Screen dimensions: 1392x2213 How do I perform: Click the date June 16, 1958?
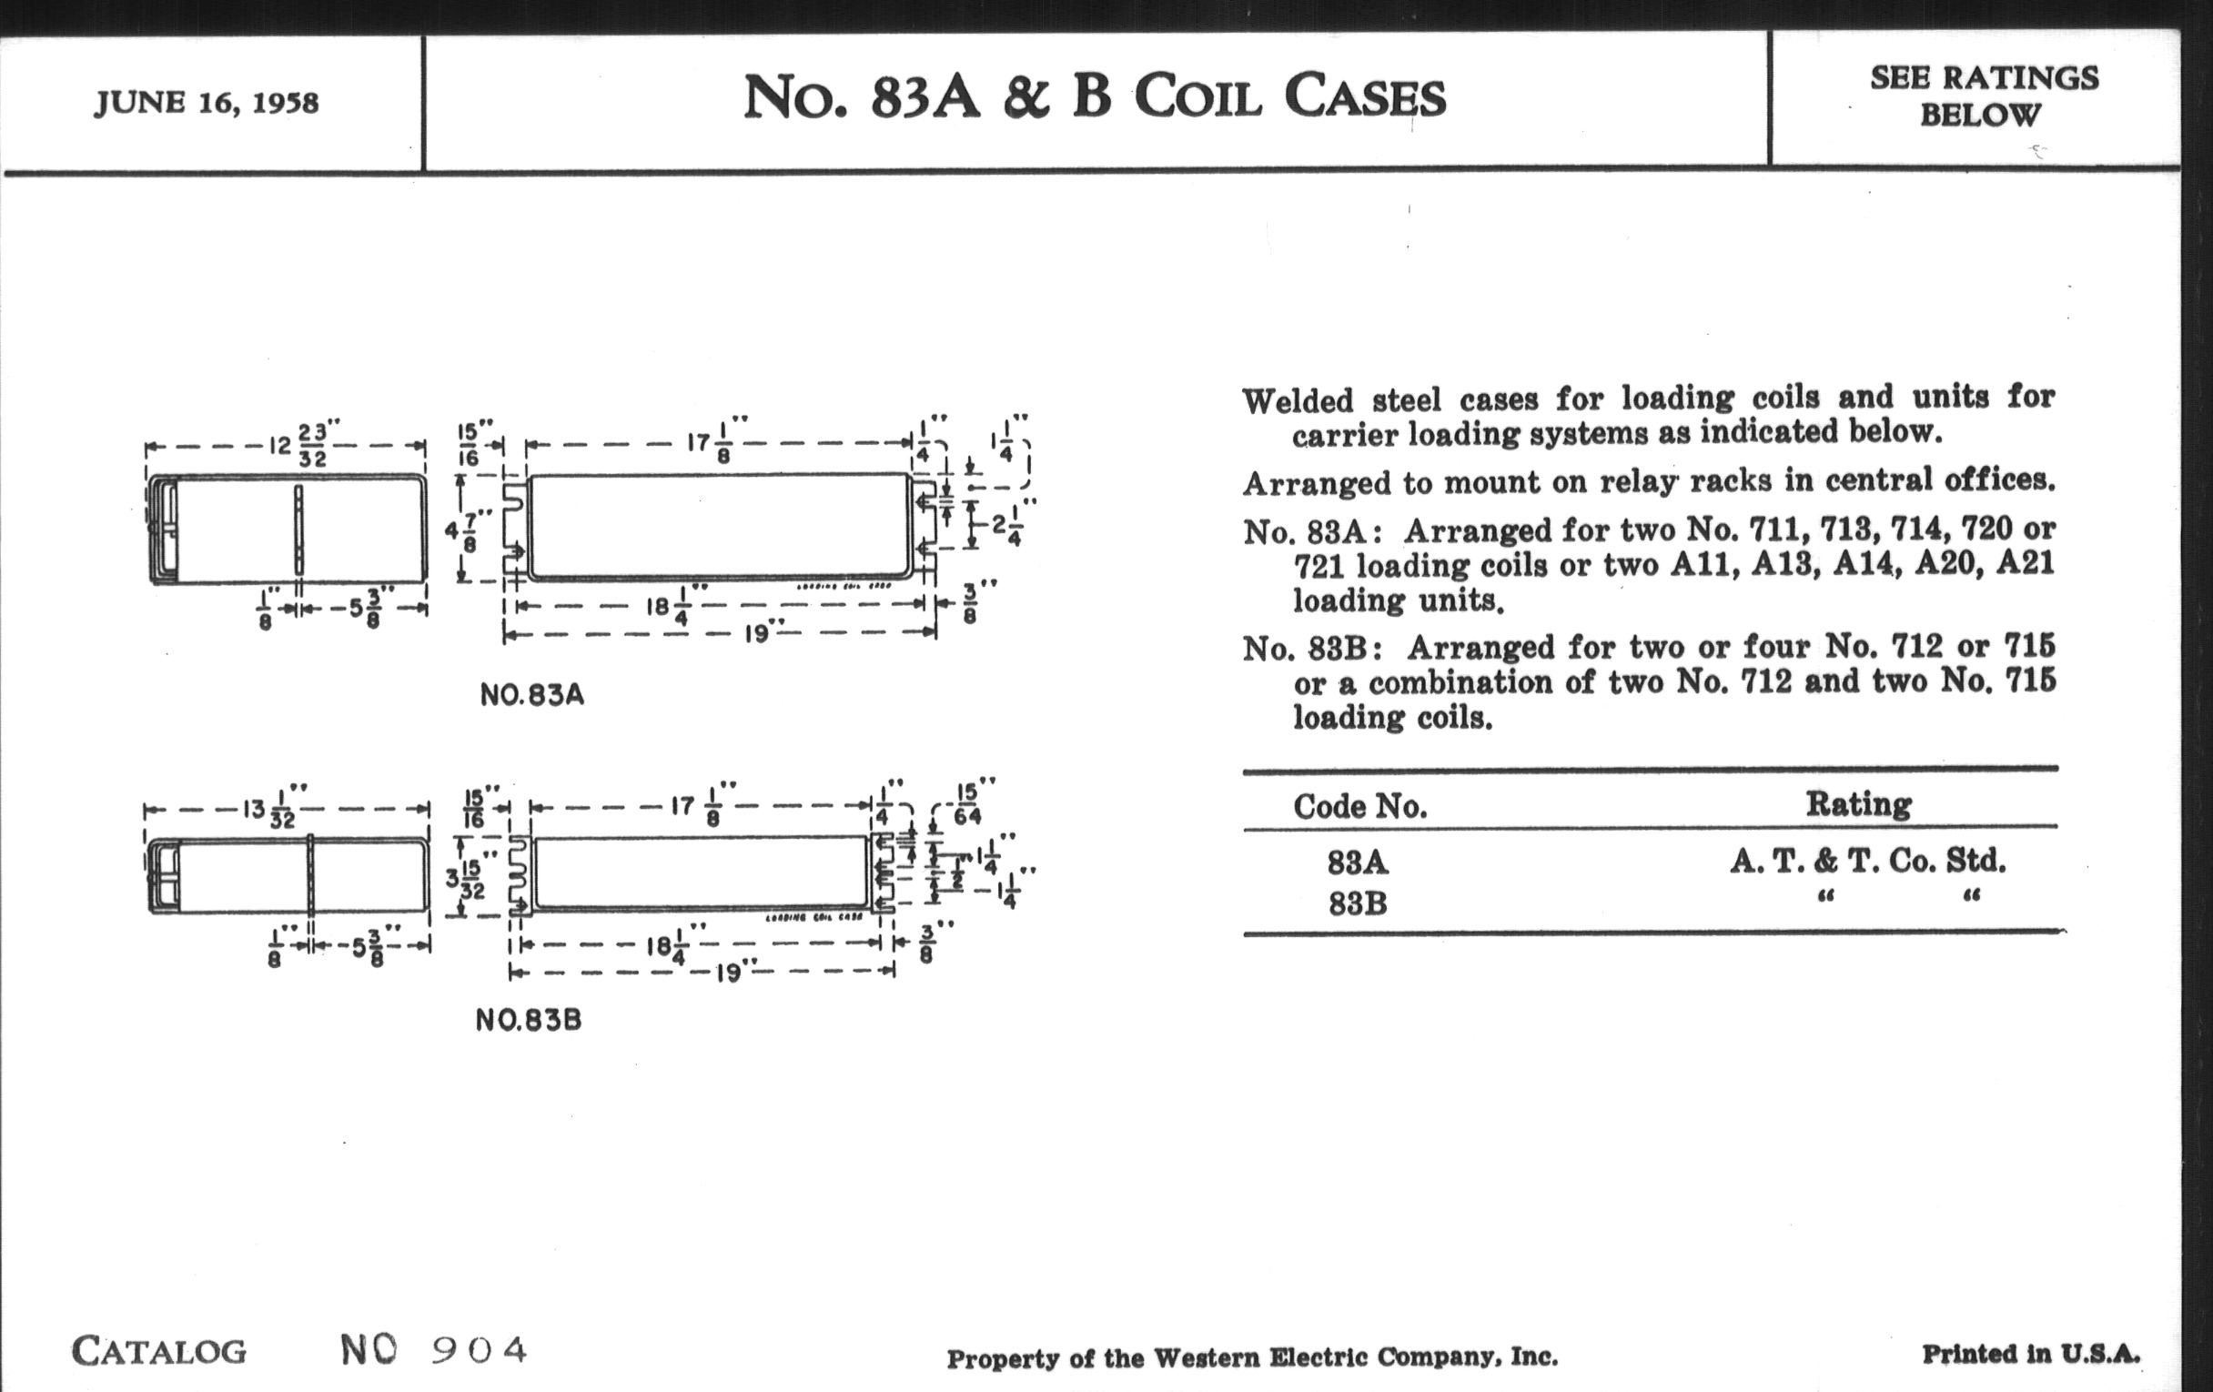tap(206, 102)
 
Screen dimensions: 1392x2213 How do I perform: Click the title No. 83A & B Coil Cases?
tap(1094, 96)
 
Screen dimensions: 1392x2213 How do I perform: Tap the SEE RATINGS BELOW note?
tap(1984, 96)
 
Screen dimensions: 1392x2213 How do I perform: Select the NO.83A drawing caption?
tap(532, 694)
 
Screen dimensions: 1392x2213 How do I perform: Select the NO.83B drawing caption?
tap(529, 1020)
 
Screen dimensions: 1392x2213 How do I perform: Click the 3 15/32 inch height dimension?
tap(467, 878)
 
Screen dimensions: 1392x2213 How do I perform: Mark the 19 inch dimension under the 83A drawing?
tap(756, 633)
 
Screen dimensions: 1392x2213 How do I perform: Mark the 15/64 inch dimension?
tap(966, 804)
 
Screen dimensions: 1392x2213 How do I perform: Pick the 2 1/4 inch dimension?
tap(1006, 527)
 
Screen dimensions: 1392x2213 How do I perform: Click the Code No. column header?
tap(1359, 807)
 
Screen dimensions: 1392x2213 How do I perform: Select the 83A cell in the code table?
tap(1358, 862)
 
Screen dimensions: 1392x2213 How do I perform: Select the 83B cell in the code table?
tap(1358, 904)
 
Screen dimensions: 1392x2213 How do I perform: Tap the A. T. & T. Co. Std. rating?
tap(1867, 861)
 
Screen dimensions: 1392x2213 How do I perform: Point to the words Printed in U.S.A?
tap(2031, 1354)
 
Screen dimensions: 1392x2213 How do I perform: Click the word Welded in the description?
tap(1297, 401)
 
